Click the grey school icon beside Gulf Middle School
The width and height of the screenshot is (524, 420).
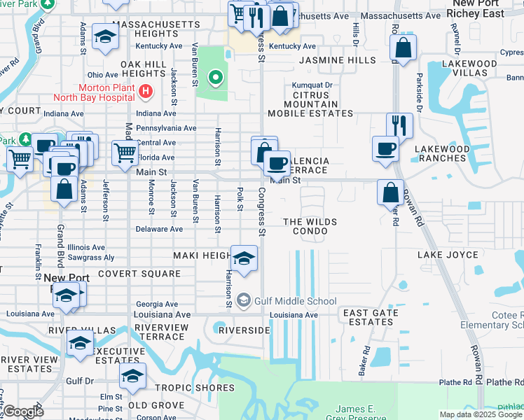[243, 301]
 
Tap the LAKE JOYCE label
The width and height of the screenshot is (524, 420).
[448, 255]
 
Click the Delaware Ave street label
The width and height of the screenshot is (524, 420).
[159, 229]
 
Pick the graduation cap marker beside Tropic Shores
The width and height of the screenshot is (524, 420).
[132, 376]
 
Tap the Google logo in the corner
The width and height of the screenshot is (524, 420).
[23, 412]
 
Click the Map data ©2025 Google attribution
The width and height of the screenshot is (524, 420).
[481, 414]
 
